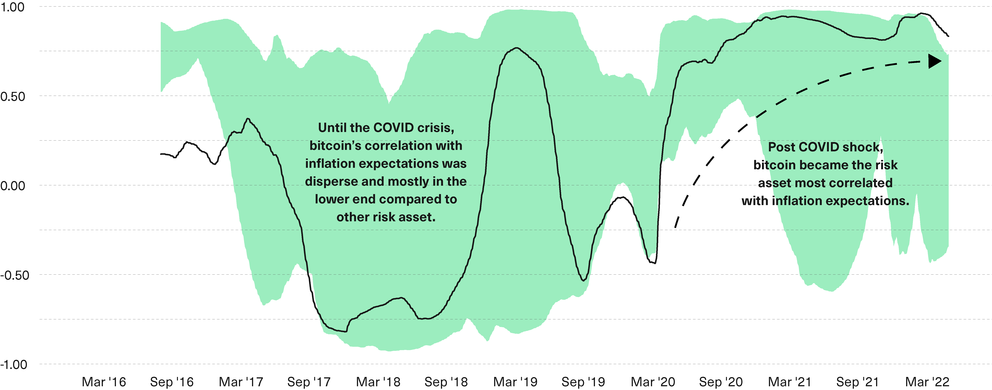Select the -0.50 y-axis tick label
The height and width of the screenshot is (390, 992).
click(x=15, y=275)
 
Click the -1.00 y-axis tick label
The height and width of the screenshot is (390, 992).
click(x=14, y=365)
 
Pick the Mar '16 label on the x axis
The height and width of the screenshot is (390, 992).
click(x=104, y=382)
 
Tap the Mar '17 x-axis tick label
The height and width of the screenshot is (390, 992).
click(x=241, y=382)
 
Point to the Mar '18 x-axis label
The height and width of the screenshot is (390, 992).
click(x=378, y=382)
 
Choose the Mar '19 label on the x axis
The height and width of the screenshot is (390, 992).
click(x=515, y=382)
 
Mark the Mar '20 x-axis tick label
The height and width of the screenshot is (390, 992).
click(x=653, y=382)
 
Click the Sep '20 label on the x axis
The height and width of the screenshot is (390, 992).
click(x=721, y=382)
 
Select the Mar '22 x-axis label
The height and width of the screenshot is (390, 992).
click(x=927, y=382)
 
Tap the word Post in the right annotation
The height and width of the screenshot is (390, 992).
click(x=782, y=147)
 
